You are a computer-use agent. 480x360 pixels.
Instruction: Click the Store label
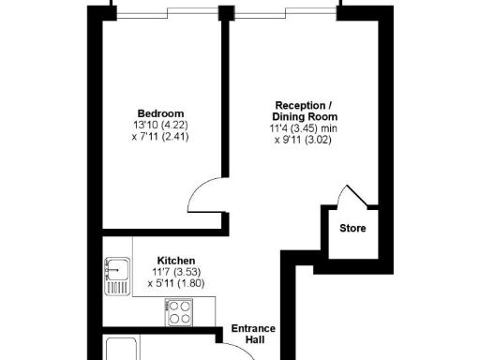point(352,228)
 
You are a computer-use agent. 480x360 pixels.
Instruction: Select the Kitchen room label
point(175,260)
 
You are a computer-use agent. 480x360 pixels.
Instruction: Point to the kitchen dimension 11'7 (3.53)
point(175,271)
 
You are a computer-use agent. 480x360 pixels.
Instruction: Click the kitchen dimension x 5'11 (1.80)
point(175,283)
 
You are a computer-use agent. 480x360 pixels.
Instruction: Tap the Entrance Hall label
point(254,334)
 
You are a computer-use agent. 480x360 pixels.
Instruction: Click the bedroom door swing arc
point(203,199)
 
